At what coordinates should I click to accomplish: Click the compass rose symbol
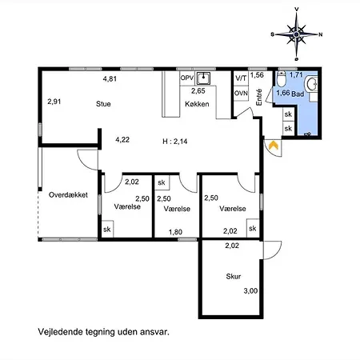[297, 34]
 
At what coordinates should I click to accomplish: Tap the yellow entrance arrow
[274, 146]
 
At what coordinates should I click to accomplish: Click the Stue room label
[103, 104]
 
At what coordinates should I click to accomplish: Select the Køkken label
[197, 104]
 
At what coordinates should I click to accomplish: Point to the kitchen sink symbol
[203, 78]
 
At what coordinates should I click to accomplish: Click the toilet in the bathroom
[281, 78]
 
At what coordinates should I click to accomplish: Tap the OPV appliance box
[187, 78]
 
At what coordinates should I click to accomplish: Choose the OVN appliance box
[241, 94]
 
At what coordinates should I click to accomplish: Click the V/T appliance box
[241, 78]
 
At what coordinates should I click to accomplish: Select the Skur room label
[234, 276]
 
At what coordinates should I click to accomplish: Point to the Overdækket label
[68, 195]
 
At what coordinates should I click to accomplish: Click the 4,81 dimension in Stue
[110, 78]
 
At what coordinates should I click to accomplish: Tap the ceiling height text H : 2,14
[175, 141]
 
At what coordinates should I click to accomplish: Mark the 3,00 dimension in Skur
[250, 291]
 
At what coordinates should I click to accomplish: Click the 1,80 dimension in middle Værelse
[175, 232]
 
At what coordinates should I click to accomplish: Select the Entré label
[259, 98]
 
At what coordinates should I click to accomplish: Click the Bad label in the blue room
[298, 94]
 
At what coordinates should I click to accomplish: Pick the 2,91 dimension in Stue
[54, 102]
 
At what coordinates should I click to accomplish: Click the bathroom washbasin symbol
[311, 84]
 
